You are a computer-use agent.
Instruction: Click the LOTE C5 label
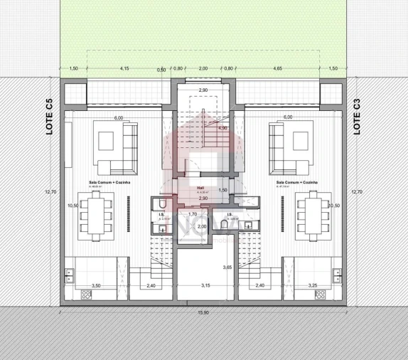coord(49,117)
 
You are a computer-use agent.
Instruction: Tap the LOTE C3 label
coord(358,117)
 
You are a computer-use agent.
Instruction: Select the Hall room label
coord(201,188)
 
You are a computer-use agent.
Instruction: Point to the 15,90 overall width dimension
coord(204,311)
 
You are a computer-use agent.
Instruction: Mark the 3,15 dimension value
coord(205,285)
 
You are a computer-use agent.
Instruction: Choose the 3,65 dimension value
coord(227,267)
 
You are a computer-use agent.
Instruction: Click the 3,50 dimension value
coord(97,285)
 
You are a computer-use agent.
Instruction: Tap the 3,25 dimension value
coord(311,285)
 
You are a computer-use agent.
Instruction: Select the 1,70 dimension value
coord(192,214)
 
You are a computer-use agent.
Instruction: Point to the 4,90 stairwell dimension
coord(222,129)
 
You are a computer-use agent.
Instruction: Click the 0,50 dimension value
coord(161,70)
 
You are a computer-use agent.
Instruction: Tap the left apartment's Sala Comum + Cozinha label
coord(104,182)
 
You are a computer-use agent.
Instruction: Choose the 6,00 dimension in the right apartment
coord(288,117)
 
